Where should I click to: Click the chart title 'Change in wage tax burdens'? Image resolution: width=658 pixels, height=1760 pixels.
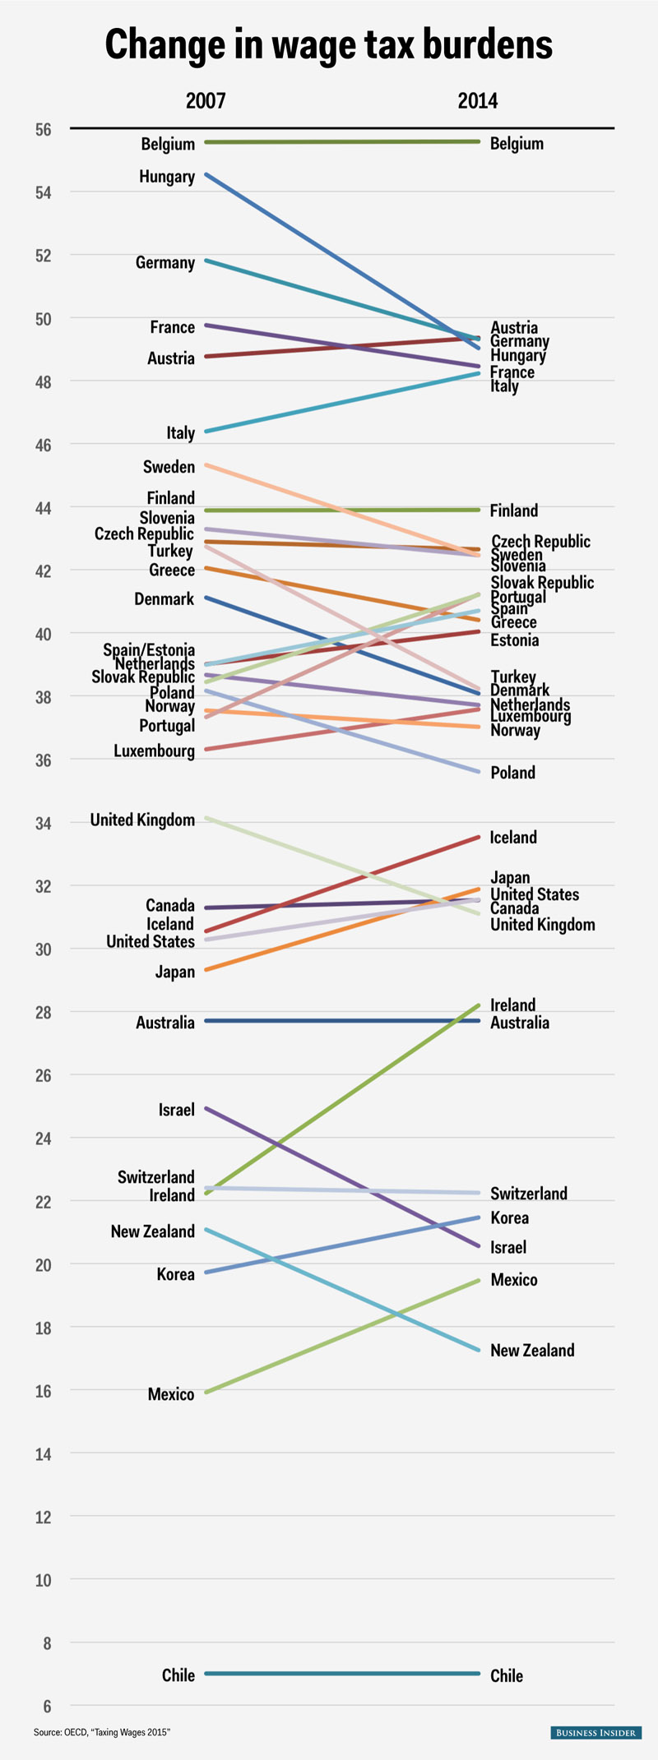328,44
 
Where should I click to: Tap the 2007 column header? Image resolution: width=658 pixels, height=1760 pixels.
206,101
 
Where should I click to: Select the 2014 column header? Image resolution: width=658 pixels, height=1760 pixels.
478,101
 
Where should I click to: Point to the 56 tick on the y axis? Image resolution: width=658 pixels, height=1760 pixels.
43,130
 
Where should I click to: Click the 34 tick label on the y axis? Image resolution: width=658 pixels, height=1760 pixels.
43,823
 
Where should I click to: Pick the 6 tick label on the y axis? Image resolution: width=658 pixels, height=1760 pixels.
47,1707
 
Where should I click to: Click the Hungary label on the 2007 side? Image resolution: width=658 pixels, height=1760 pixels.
167,177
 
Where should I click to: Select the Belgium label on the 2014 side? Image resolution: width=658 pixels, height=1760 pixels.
517,144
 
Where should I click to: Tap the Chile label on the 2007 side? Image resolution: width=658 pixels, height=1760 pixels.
178,1675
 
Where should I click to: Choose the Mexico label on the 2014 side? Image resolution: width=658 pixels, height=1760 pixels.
514,1280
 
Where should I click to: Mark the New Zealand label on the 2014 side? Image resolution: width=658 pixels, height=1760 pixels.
532,1351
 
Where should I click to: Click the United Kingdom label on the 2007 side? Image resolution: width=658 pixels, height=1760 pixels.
142,820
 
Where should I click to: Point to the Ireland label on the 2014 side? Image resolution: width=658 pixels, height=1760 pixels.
512,1005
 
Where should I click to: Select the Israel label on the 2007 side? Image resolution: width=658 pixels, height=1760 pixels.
177,1110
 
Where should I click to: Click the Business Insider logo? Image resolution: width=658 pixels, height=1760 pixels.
595,1733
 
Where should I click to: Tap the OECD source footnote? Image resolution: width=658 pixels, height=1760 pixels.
102,1733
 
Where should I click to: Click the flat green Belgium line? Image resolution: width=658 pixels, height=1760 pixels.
341,142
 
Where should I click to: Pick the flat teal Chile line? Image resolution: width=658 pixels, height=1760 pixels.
341,1674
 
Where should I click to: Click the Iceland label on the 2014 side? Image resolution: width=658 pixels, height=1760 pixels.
513,838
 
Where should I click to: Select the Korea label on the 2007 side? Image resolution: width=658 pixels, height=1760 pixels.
176,1274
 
